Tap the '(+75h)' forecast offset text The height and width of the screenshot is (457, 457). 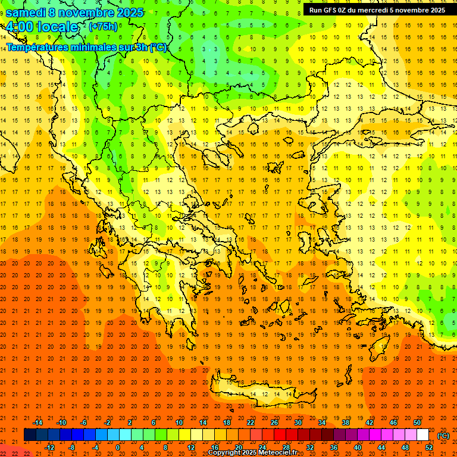(x=103, y=26)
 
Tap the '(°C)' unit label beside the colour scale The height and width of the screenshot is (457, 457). (x=443, y=436)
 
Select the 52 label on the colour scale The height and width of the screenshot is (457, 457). (x=429, y=447)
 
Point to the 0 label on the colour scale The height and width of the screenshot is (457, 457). (x=118, y=447)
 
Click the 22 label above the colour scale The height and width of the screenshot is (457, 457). (x=251, y=422)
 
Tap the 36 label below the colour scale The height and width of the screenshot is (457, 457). (x=333, y=447)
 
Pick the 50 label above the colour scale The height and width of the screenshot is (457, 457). (x=417, y=422)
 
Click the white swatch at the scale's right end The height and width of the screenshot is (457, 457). (x=423, y=435)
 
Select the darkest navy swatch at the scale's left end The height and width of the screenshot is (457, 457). (x=30, y=435)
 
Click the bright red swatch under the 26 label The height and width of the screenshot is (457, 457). (x=280, y=435)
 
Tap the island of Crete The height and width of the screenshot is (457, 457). (x=262, y=393)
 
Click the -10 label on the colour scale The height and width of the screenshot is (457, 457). (x=61, y=422)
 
